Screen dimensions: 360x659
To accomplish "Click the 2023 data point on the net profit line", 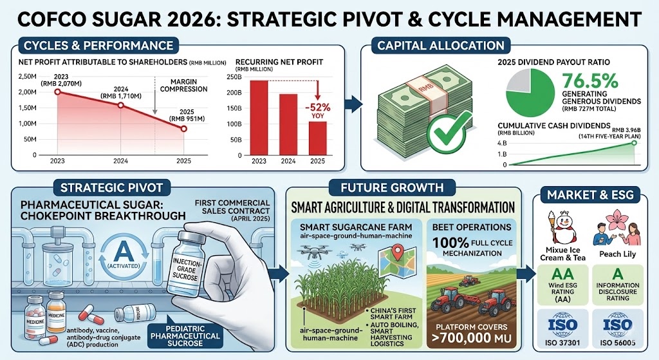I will (x=59, y=92).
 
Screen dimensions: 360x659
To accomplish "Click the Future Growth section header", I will (x=403, y=188).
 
